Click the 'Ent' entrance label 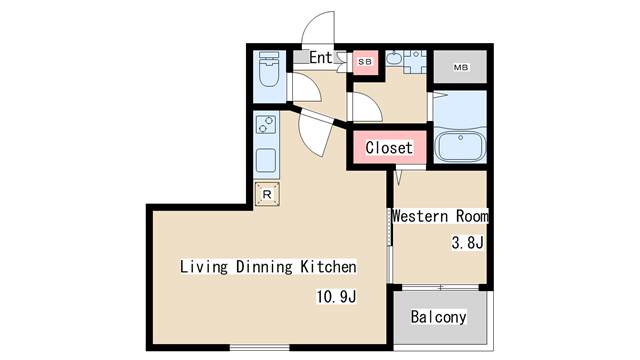(320, 58)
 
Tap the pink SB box (364, 62)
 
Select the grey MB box (460, 68)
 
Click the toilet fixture (268, 72)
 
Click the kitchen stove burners (267, 126)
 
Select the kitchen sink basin (267, 160)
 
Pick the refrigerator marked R (267, 194)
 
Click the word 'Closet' (388, 148)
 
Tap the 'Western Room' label (440, 216)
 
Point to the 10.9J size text (335, 297)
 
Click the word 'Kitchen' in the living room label (328, 267)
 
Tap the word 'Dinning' (263, 267)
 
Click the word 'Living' (202, 267)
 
